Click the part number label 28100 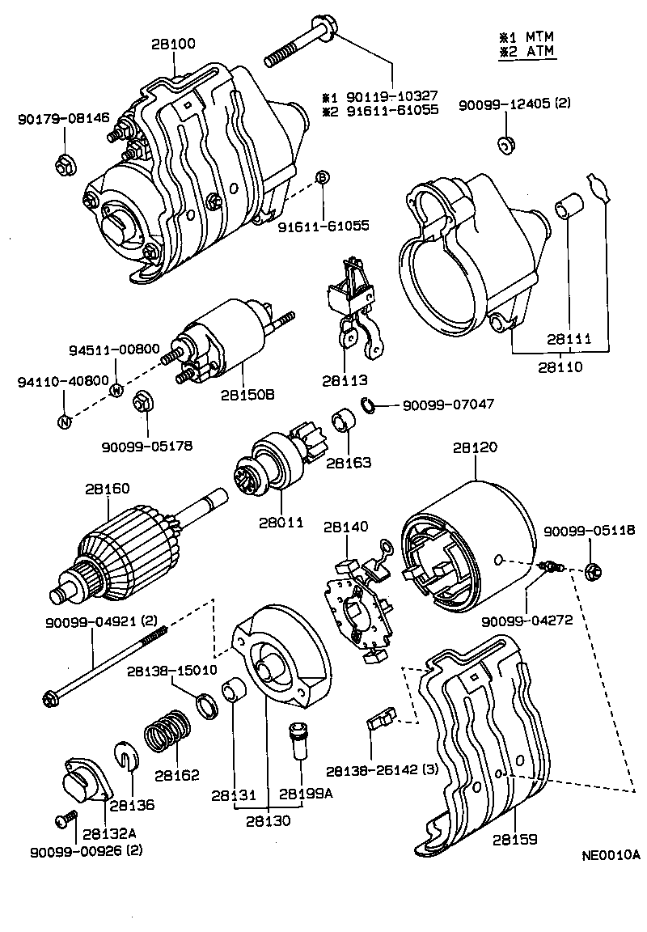point(172,44)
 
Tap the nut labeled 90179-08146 point(65,165)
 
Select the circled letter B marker point(321,178)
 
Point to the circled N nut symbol point(65,420)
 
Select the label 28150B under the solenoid point(247,395)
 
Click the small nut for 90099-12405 point(506,146)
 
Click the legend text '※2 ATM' point(526,53)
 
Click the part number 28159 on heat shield point(513,840)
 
